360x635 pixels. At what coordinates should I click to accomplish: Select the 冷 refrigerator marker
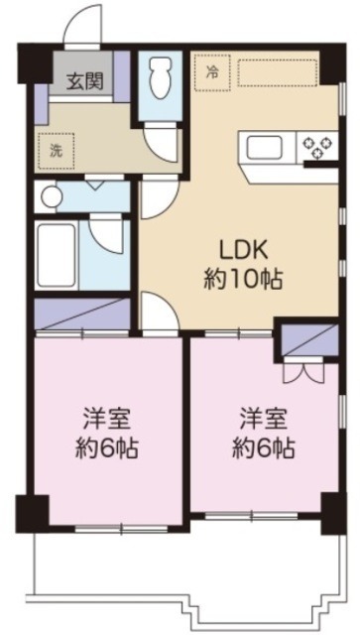(211, 71)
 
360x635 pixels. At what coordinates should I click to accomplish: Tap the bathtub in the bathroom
(58, 256)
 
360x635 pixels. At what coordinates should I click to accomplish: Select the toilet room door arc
(156, 138)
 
